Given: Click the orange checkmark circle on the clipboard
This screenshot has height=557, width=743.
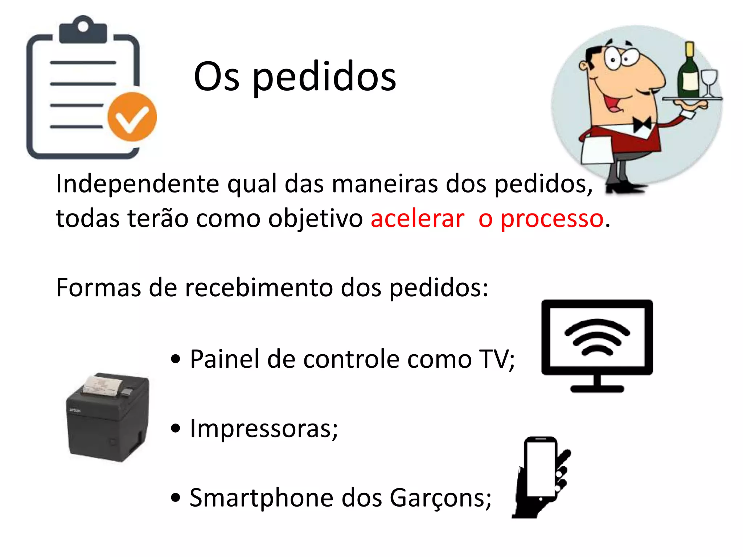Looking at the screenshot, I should (132, 117).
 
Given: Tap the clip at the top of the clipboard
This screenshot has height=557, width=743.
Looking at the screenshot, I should (83, 30).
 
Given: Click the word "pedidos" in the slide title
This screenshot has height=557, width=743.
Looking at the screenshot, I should (324, 77).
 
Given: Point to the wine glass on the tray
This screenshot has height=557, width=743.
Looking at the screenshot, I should (709, 82).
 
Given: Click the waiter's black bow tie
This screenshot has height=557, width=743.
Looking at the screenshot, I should (642, 125).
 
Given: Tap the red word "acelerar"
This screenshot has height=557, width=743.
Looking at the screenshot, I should (417, 219).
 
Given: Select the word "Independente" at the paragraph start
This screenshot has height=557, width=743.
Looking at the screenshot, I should (137, 184).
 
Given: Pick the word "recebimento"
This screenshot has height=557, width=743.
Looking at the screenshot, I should (259, 288).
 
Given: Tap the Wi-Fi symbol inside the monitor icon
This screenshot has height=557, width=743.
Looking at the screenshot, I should (597, 337).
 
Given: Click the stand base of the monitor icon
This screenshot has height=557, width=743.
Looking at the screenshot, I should (597, 389).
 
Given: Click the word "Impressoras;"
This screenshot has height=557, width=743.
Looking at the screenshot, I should (264, 429).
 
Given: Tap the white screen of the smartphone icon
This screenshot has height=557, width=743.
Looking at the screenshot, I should (541, 469).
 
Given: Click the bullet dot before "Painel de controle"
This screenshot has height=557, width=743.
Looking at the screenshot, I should (176, 359).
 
